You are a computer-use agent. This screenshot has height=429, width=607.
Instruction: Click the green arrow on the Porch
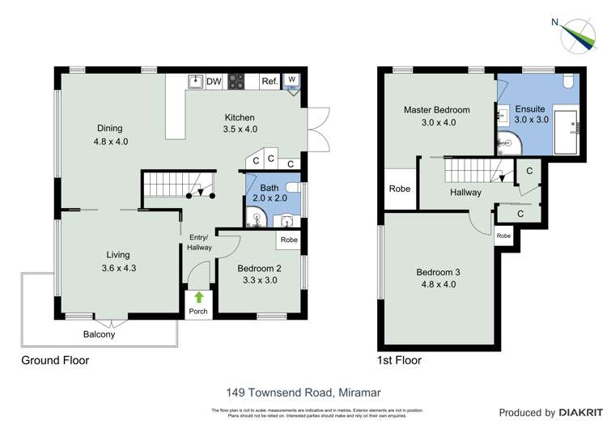pos(199,297)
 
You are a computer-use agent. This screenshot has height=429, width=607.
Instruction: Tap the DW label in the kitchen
pos(214,82)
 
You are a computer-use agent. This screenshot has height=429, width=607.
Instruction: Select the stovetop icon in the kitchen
pos(237,82)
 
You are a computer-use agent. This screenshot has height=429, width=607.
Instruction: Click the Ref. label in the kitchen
pos(270,82)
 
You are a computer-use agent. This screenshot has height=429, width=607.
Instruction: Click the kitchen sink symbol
pos(194,81)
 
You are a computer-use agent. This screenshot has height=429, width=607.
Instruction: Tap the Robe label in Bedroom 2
pos(288,240)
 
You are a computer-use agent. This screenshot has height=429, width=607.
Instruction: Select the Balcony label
pos(99,334)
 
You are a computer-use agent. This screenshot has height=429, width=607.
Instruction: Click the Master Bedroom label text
pos(437,109)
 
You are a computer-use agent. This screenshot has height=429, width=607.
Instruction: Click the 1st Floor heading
pos(399,360)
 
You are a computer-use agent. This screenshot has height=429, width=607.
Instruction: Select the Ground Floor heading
pos(56,360)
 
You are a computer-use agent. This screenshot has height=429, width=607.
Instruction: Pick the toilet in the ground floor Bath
pos(287,219)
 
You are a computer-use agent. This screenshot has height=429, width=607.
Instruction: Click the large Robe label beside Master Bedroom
pos(400,189)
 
